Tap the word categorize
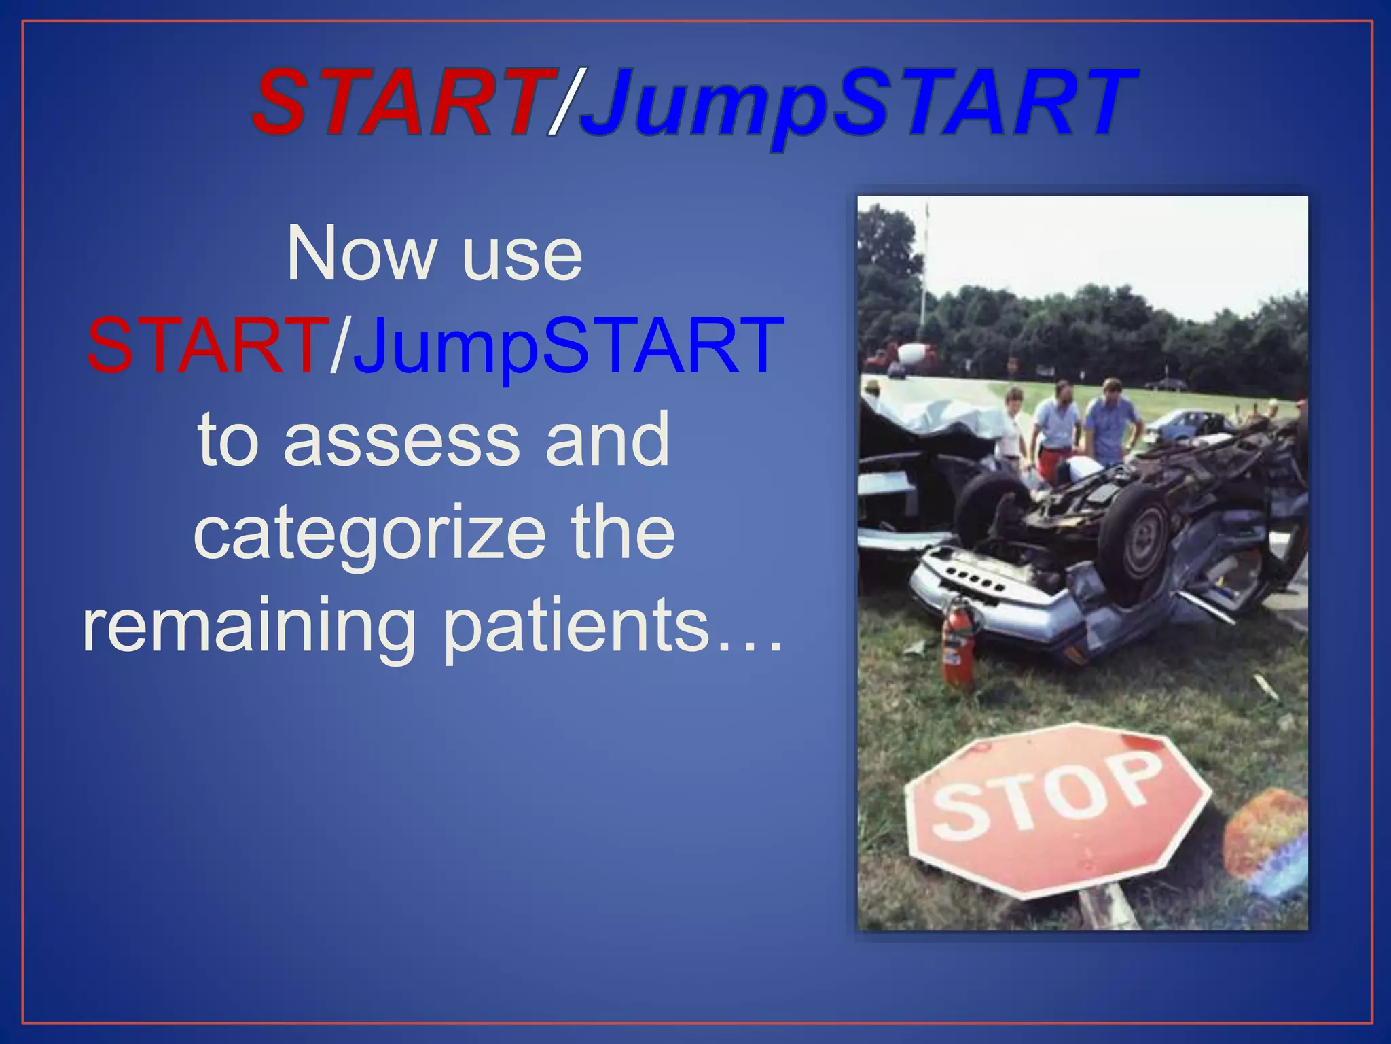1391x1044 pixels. (369, 534)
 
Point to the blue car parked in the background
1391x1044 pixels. (1189, 421)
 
